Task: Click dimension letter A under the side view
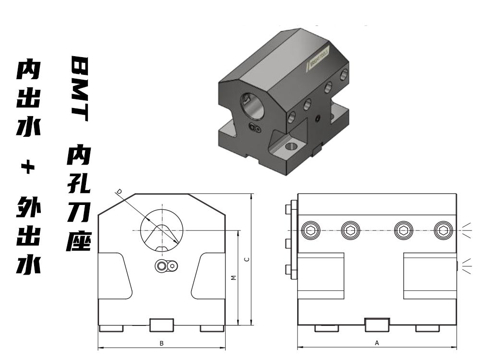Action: coord(377,343)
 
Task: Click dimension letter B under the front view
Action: coord(162,343)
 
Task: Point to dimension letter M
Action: coord(233,277)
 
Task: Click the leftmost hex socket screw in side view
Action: coord(311,231)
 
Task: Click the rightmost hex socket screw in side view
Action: coord(443,231)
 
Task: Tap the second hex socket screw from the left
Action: coord(351,231)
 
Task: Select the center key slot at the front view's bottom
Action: coord(162,325)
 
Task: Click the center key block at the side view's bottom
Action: coord(377,325)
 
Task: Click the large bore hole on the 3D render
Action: coord(252,105)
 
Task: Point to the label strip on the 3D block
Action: coord(317,60)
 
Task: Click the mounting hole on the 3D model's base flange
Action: coord(291,145)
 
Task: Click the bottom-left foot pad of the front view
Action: coord(111,328)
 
